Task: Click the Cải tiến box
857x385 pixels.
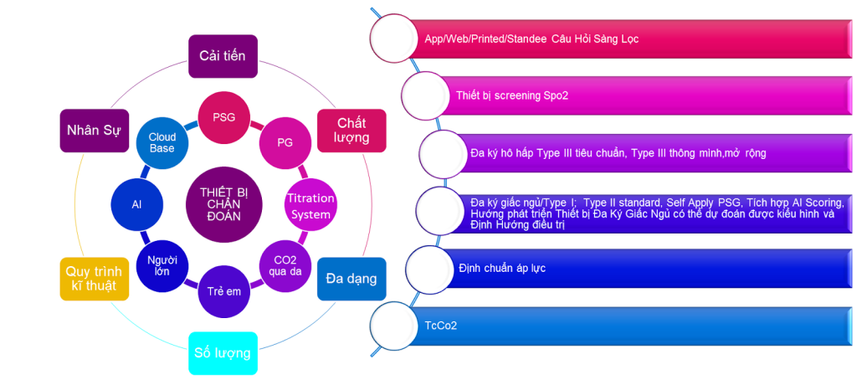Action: coord(221,56)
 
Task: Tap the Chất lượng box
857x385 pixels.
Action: coord(352,131)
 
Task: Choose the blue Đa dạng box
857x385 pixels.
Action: coord(351,279)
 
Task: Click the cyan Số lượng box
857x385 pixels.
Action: coord(222,352)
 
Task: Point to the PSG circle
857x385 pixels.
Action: coord(223,117)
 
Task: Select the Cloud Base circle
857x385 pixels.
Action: coord(162,142)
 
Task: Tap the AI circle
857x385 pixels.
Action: coord(136,203)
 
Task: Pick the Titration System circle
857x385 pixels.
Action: coord(310,206)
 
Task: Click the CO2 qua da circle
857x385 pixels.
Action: coord(284,265)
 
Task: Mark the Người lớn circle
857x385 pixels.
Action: coord(162,266)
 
